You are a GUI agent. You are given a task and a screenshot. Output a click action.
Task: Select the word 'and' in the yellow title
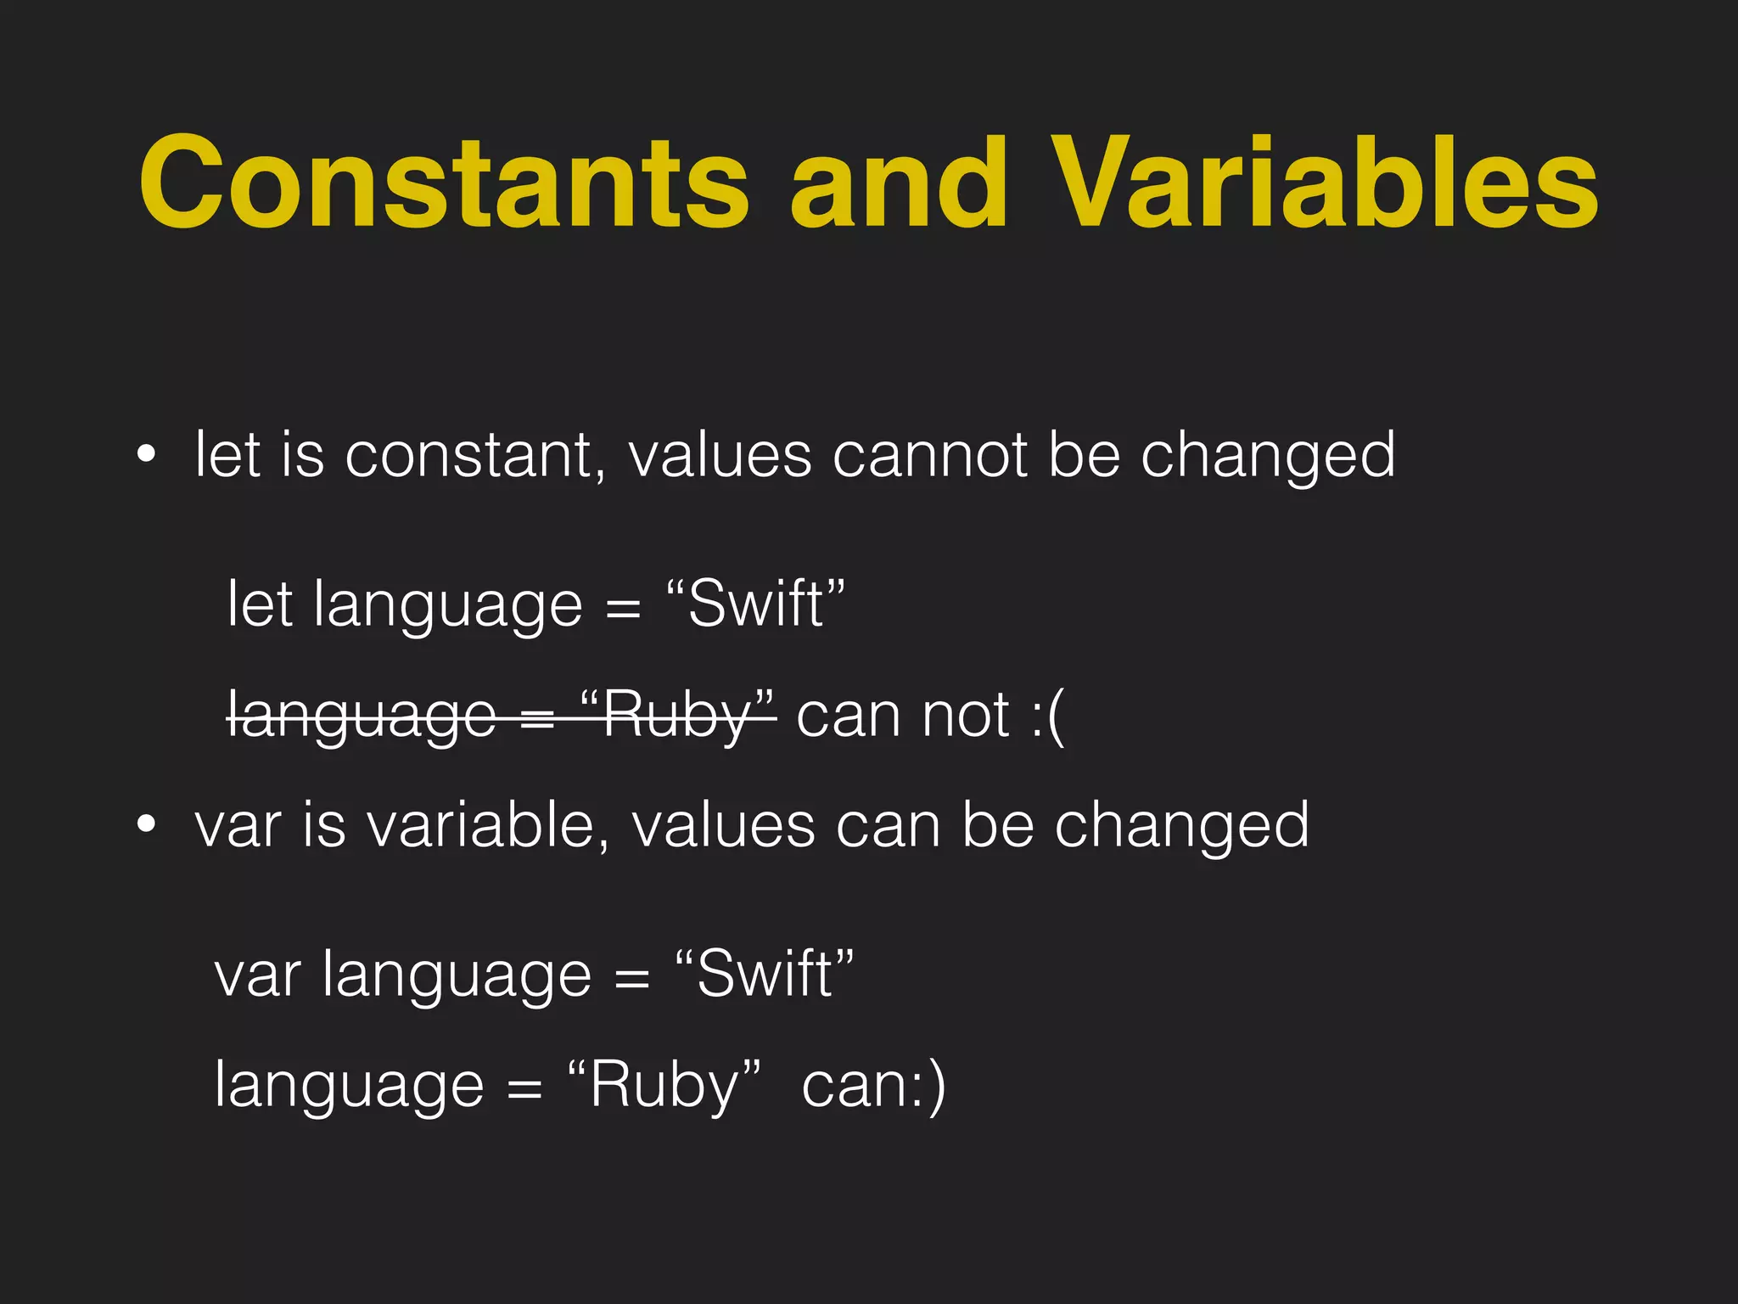pos(900,183)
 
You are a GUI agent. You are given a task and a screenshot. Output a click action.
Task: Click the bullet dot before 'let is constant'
pos(146,456)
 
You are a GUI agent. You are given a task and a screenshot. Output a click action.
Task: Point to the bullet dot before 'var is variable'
pos(146,824)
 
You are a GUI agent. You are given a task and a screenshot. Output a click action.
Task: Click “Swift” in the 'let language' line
pos(755,604)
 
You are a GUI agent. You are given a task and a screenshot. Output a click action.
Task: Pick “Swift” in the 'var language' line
pos(765,974)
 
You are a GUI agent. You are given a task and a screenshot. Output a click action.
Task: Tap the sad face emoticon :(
pos(1047,715)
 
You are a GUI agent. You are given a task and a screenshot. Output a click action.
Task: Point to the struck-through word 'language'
pos(362,715)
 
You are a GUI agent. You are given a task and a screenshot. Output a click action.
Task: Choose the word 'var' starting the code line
pos(257,974)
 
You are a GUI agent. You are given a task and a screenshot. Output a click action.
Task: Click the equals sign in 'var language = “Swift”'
pos(631,976)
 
